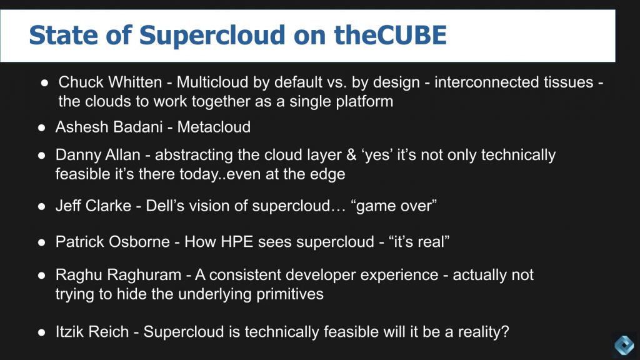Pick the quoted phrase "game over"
pyautogui.click(x=395, y=206)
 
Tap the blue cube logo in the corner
pyautogui.click(x=623, y=344)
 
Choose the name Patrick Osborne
pyautogui.click(x=112, y=242)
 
